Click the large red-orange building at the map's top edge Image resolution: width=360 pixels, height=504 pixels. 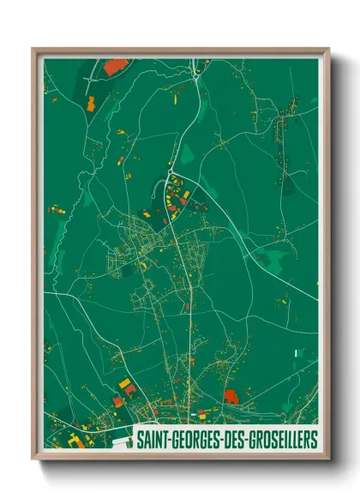[x=115, y=65]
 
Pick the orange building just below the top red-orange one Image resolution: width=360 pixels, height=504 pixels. [x=90, y=103]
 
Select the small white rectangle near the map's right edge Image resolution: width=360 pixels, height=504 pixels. [x=296, y=353]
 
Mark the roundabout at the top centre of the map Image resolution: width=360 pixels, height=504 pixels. [x=197, y=76]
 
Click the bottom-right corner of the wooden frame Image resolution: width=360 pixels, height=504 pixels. [x=328, y=458]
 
